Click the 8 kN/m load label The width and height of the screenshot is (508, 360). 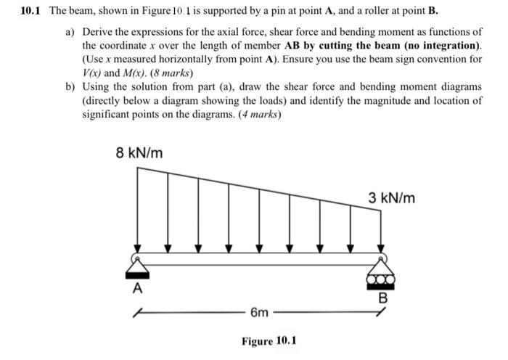[139, 153]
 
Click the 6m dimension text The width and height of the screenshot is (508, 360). [259, 313]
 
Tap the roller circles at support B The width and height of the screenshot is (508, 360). [380, 277]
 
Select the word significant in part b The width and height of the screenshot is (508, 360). [106, 115]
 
